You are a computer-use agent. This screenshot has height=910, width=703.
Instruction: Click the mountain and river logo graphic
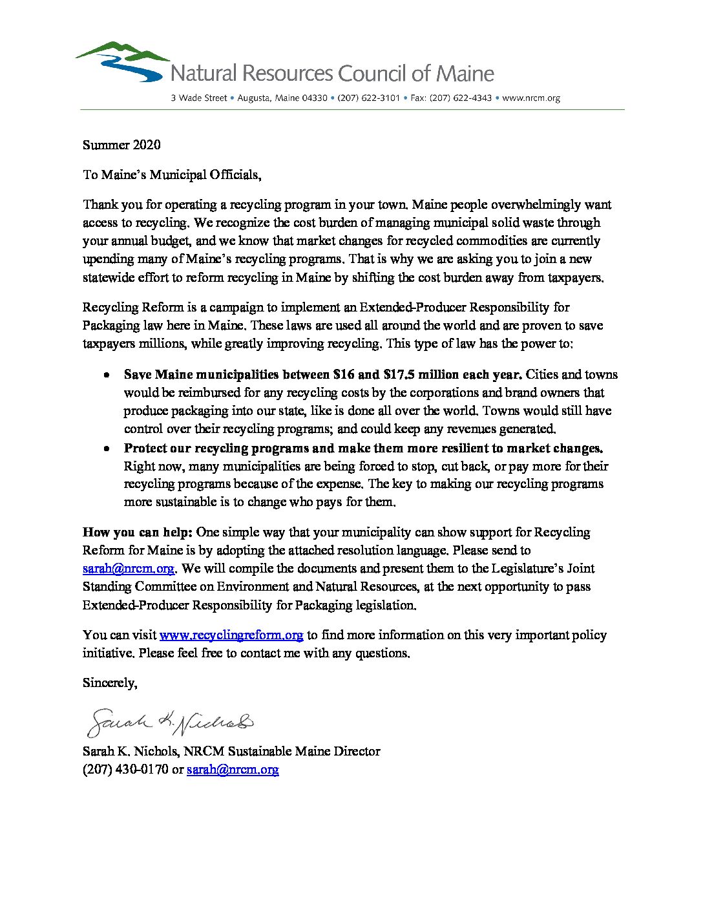click(x=123, y=62)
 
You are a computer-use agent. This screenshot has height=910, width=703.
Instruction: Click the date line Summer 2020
click(x=121, y=145)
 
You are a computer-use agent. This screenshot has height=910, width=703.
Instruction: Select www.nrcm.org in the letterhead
click(x=530, y=98)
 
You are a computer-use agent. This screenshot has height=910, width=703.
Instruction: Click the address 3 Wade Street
click(x=199, y=98)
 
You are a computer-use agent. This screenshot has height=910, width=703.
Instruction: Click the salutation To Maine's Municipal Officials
click(x=172, y=175)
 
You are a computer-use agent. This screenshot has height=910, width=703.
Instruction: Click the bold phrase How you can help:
click(x=137, y=533)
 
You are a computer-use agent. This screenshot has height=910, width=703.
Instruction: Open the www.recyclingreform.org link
click(x=231, y=635)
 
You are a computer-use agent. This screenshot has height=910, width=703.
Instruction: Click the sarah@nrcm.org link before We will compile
click(x=128, y=569)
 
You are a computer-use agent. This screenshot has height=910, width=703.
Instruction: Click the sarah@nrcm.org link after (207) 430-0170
click(x=233, y=770)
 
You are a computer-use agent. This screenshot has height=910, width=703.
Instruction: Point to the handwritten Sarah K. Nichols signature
click(x=170, y=723)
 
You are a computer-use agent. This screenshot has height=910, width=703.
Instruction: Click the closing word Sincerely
click(x=109, y=683)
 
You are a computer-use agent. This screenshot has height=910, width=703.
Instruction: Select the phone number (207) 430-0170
click(x=125, y=770)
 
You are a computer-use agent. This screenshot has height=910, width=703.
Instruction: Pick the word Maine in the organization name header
click(x=465, y=74)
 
